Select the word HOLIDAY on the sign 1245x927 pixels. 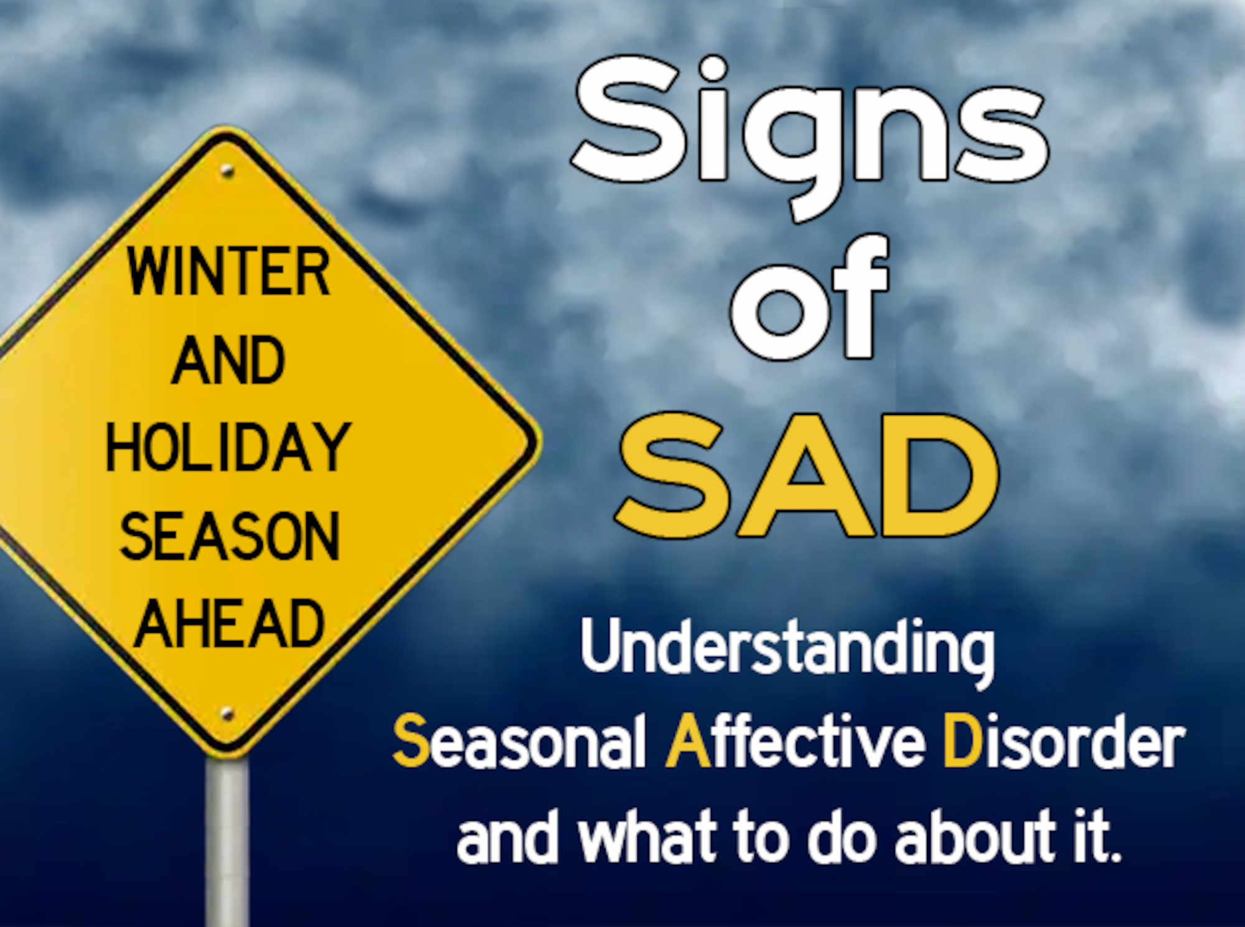(x=228, y=447)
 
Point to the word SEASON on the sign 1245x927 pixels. (x=229, y=536)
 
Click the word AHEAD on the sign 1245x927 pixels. (x=229, y=623)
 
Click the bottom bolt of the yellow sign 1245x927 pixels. (x=227, y=714)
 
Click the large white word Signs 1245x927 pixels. (x=809, y=124)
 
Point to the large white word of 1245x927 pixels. (x=809, y=299)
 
